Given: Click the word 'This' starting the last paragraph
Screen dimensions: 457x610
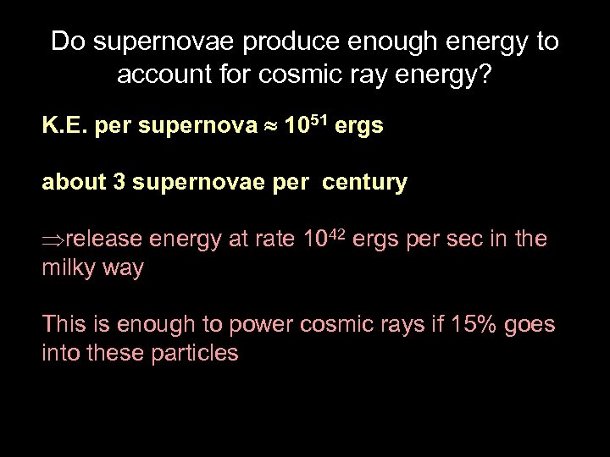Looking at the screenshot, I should tap(64, 325).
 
